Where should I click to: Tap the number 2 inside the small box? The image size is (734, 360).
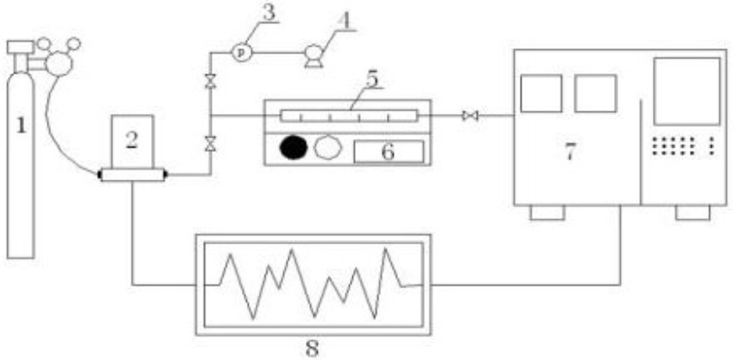(132, 138)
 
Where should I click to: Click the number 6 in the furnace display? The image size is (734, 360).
(389, 151)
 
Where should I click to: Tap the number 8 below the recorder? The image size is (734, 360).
(312, 349)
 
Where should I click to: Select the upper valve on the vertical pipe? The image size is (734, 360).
(209, 83)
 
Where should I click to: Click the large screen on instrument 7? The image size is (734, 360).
(687, 91)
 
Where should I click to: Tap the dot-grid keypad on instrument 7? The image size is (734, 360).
(683, 146)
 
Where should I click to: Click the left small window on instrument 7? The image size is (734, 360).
(541, 93)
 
